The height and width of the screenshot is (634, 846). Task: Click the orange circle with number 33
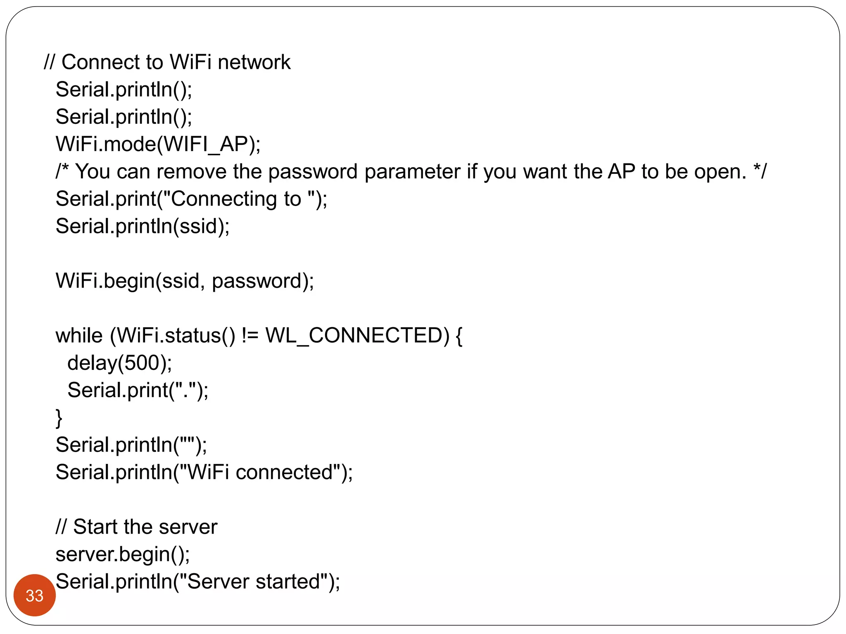(x=35, y=595)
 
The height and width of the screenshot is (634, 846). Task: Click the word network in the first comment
(x=254, y=62)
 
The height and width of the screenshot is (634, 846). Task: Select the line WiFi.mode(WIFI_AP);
(x=158, y=144)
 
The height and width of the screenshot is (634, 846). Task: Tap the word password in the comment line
(x=313, y=172)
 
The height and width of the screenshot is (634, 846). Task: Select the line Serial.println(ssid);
(x=143, y=226)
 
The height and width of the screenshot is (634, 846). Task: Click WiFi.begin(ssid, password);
(x=185, y=281)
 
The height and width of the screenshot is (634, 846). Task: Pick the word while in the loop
(x=79, y=336)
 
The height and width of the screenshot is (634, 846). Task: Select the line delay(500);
(x=119, y=363)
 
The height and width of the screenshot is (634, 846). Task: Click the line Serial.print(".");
(x=138, y=390)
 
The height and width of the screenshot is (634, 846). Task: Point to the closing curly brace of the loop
(x=59, y=418)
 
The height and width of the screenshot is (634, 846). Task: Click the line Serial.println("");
(x=131, y=445)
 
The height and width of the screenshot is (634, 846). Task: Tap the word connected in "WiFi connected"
(x=284, y=472)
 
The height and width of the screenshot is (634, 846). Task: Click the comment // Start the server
(x=136, y=527)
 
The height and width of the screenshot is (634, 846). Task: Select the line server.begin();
(x=123, y=554)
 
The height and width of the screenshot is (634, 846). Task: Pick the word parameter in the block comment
(x=412, y=172)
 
